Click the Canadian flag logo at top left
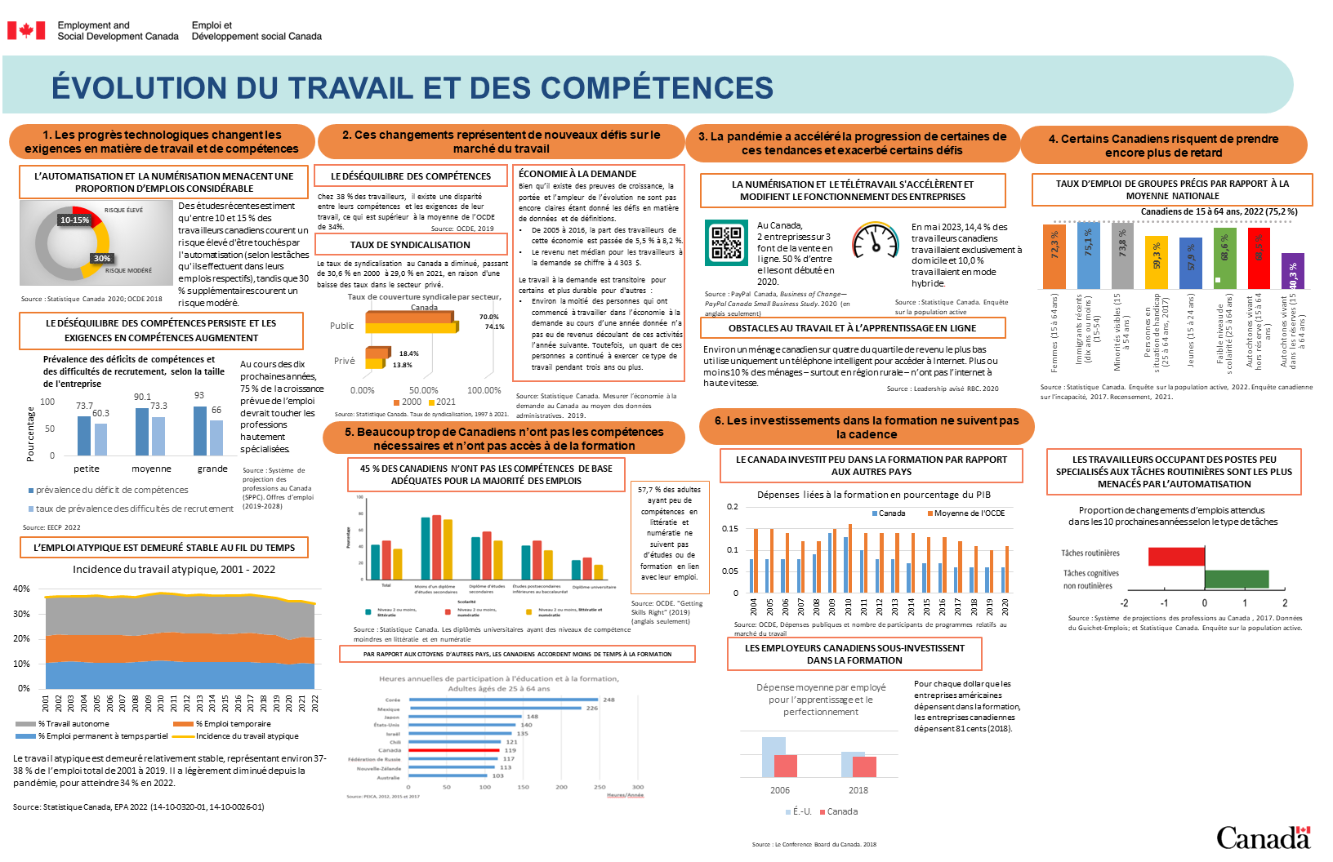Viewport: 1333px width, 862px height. [26, 31]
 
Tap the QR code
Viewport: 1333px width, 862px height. [726, 242]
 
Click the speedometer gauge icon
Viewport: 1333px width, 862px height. [875, 241]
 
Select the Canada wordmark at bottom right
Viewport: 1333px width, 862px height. [1263, 838]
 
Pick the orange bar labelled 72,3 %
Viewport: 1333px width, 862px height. [1054, 256]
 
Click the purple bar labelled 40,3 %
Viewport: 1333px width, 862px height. [1292, 272]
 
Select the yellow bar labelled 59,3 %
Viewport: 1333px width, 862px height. [1157, 262]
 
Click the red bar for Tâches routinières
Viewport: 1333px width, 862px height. [1176, 556]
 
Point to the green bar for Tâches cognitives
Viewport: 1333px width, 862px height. [1237, 579]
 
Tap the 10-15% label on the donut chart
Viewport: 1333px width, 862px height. [74, 220]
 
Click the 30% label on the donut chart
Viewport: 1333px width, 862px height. [102, 259]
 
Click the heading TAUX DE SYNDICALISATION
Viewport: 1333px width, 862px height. [410, 245]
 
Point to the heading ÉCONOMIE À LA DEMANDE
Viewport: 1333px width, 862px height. [577, 174]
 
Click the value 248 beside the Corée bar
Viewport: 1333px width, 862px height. [609, 700]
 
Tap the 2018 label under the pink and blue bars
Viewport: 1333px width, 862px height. [858, 790]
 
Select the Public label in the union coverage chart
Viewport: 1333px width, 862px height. [342, 326]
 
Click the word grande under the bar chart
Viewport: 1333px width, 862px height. [212, 469]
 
